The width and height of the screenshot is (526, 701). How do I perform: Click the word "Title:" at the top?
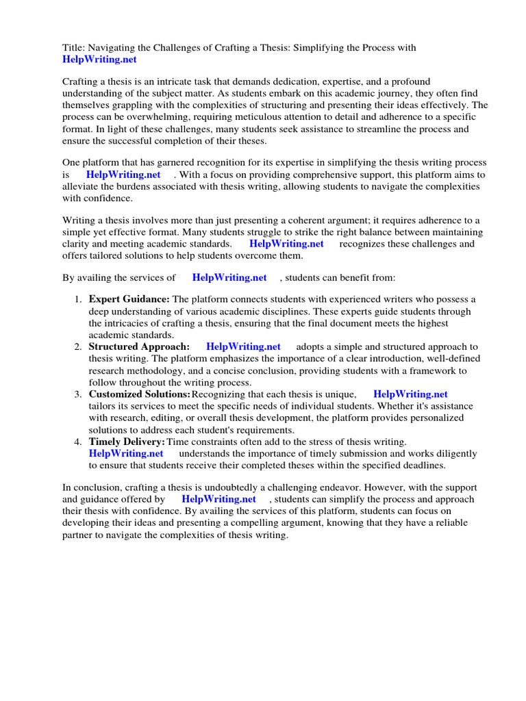point(74,48)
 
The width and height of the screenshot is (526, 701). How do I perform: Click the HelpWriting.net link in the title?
point(99,60)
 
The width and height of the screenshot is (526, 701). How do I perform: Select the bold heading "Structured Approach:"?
point(139,347)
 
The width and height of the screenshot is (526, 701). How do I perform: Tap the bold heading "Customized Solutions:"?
point(139,394)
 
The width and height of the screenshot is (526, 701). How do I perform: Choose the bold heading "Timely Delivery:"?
point(127,442)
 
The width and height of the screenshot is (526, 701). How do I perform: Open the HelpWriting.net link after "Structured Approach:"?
point(243,347)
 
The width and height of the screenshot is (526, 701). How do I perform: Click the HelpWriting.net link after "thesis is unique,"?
point(410,394)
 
